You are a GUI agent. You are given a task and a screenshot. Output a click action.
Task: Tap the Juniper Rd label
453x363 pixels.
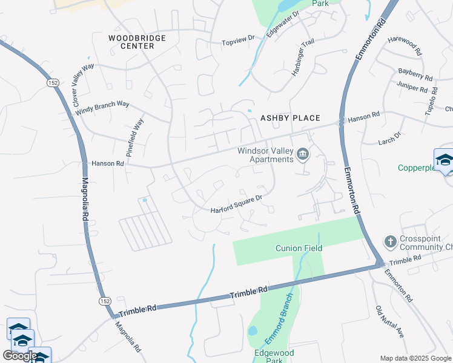click(x=412, y=87)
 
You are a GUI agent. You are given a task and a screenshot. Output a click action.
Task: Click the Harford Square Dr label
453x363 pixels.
click(x=236, y=204)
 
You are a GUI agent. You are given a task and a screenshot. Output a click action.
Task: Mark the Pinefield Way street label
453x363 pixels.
click(x=134, y=138)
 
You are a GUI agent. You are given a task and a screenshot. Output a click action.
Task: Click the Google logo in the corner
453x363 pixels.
click(x=19, y=356)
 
